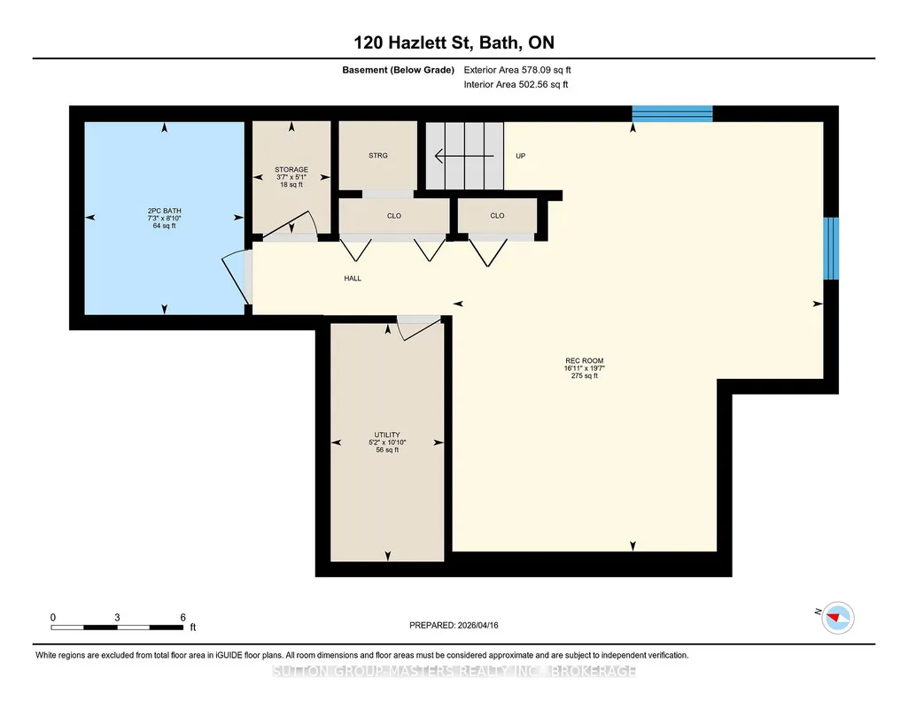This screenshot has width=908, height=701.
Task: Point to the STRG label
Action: [x=378, y=156]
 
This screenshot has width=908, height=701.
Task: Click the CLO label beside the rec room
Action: [x=498, y=216]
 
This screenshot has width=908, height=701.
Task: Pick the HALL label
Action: [x=353, y=278]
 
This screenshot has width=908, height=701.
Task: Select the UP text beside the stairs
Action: [x=521, y=156]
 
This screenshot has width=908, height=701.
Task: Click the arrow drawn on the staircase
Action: [x=464, y=156]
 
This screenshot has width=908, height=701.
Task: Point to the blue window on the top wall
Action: [x=671, y=114]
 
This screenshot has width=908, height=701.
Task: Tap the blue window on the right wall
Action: [x=831, y=249]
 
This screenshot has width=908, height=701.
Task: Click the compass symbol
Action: [x=837, y=618]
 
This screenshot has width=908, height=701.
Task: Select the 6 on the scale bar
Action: [x=183, y=617]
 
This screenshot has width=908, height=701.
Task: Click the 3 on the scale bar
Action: [x=117, y=617]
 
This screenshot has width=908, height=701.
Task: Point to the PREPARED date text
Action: [x=454, y=625]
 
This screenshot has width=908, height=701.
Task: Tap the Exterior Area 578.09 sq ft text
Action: [x=517, y=70]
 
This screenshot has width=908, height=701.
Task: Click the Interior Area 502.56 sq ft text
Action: [x=516, y=84]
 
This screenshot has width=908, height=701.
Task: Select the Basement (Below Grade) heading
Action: [x=398, y=70]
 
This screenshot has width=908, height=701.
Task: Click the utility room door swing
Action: [x=419, y=328]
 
